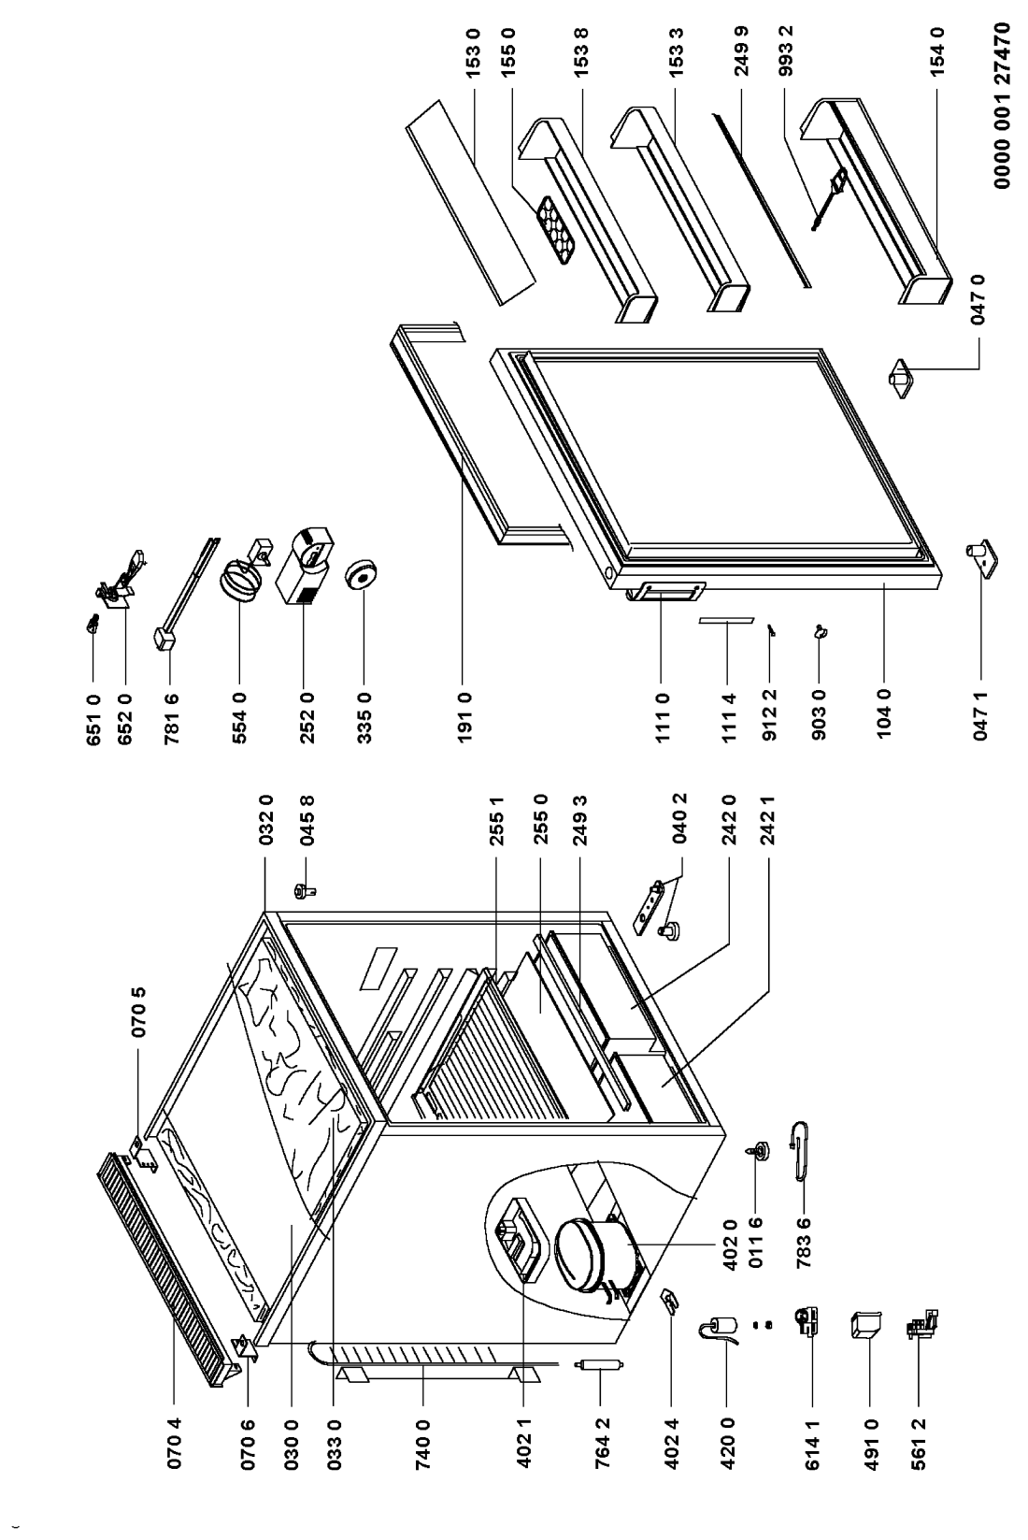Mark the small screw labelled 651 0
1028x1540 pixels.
click(93, 625)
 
